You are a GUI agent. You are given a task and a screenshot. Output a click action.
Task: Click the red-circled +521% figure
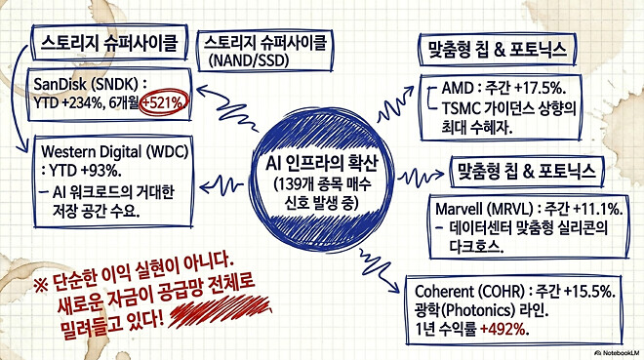[163, 101]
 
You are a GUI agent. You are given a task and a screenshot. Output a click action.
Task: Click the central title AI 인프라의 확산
[318, 160]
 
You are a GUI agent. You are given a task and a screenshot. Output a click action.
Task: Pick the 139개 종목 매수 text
[318, 181]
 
